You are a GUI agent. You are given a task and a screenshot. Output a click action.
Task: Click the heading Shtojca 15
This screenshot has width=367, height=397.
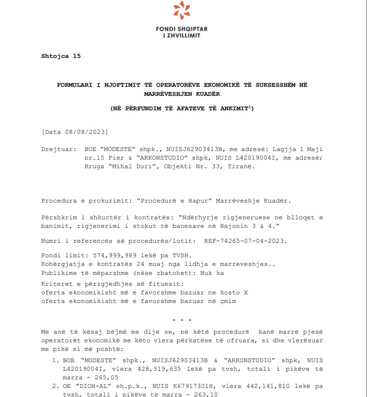tap(61, 56)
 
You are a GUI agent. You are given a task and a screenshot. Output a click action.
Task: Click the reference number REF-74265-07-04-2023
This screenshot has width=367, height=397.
tap(245, 241)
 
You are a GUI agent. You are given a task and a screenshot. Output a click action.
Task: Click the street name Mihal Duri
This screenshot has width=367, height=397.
tap(134, 166)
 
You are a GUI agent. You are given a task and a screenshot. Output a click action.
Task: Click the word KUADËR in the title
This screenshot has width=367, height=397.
tap(207, 94)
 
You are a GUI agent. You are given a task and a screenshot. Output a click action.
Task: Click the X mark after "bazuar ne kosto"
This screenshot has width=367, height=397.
tap(245, 293)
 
